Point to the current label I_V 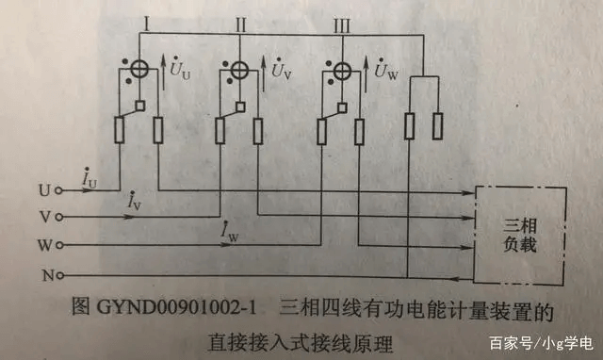136,202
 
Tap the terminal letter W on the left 43,245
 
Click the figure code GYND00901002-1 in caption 187,307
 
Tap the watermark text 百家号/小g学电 544,341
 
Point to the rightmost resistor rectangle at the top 439,125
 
